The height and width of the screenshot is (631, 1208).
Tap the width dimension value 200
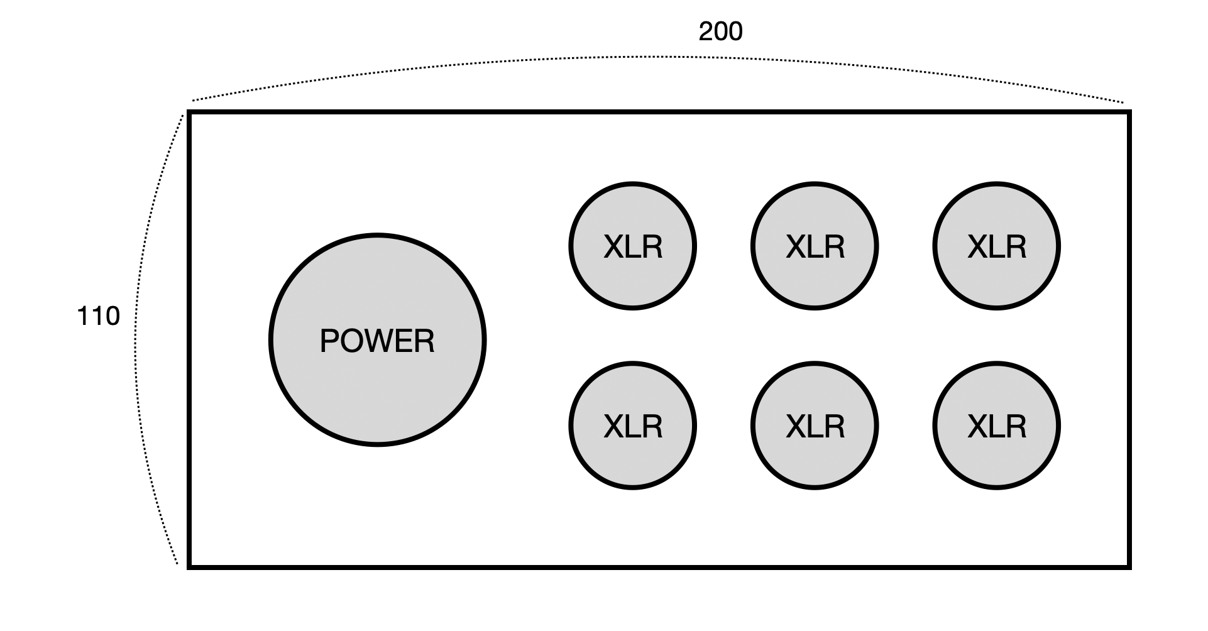720,31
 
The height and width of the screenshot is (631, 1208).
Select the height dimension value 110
98,316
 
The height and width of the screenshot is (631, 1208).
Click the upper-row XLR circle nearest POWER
632,246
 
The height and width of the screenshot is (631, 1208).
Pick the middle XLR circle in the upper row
815,246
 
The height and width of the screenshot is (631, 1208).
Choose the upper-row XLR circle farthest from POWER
996,246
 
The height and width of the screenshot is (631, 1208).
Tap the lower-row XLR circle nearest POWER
632,425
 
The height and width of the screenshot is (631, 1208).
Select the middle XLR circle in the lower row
815,425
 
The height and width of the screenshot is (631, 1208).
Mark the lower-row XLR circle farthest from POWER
996,425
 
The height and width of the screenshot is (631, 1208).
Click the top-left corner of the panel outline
189,112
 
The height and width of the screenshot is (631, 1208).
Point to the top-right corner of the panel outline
1129,112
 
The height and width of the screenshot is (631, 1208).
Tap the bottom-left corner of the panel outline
189,567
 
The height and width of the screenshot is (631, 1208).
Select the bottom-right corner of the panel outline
1129,567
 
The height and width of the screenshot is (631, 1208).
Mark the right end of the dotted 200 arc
1123,101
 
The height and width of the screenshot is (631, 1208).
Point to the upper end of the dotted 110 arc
183,115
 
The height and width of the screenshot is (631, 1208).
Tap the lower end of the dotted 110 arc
177,564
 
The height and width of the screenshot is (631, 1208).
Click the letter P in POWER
328,341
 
